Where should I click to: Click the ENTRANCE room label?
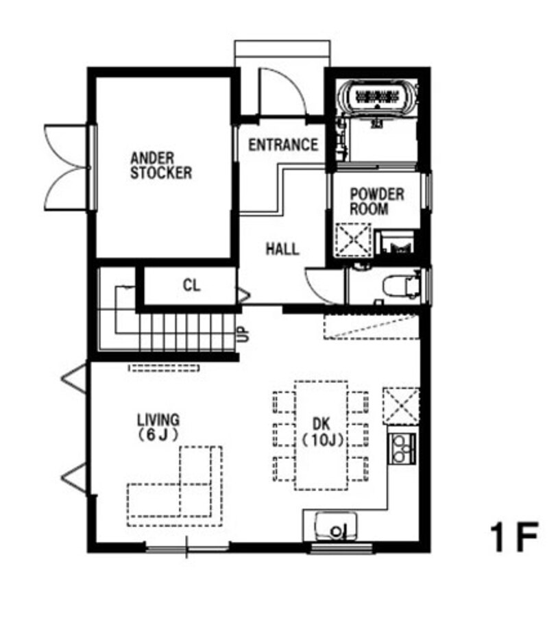(x=283, y=145)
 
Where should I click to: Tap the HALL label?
(x=282, y=249)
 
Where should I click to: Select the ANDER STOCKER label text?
(x=161, y=166)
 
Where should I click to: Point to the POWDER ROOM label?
(x=377, y=201)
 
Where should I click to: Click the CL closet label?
(x=191, y=285)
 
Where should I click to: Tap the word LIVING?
(x=158, y=420)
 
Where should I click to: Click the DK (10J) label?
(x=323, y=432)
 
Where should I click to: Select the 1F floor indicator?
(x=513, y=537)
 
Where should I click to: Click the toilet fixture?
(x=402, y=286)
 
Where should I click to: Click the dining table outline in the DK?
(x=322, y=435)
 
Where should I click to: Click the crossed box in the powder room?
(x=354, y=240)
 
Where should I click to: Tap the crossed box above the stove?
(x=401, y=406)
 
